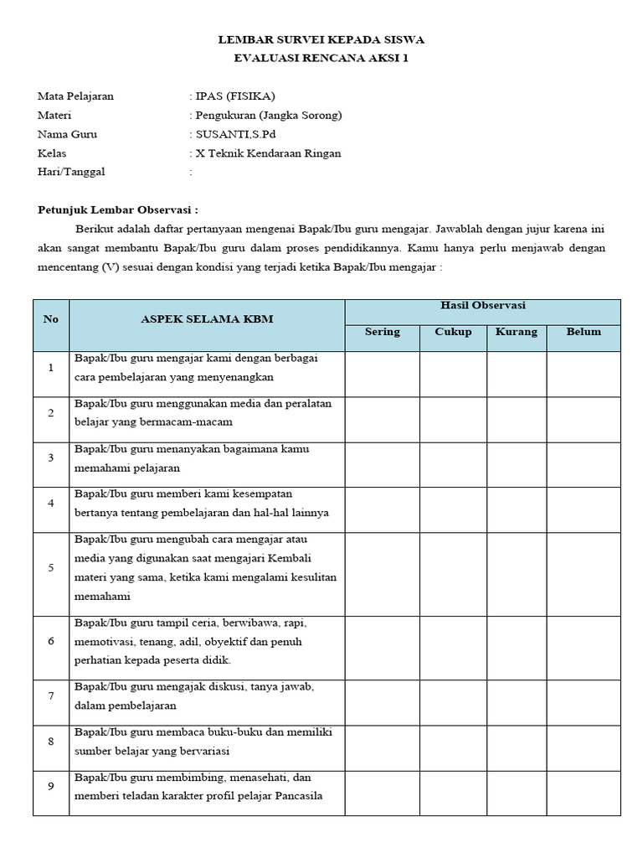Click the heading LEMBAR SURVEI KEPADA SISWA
tap(321, 39)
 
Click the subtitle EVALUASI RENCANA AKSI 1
tap(321, 58)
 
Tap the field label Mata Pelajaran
tap(75, 96)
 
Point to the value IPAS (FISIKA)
tap(235, 96)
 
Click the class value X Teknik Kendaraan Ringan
tap(268, 153)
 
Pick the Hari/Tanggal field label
tap(72, 173)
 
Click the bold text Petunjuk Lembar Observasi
tap(118, 209)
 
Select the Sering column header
tap(383, 332)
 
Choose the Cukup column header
tap(453, 332)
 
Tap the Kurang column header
tap(517, 332)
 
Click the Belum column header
tap(584, 332)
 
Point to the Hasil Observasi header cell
tap(483, 306)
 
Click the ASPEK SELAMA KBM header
tap(207, 319)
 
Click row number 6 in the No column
tap(51, 641)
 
